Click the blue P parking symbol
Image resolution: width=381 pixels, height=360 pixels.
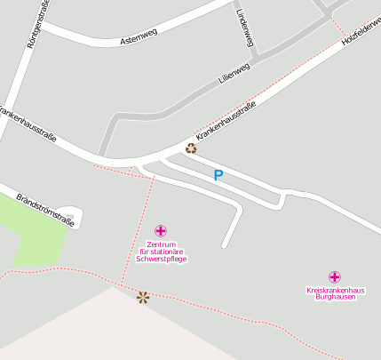coord(218,176)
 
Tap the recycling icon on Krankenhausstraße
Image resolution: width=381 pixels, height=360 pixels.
coord(191,148)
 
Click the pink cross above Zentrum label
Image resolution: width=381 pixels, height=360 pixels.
coord(160,231)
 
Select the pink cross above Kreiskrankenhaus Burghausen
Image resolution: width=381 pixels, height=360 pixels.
coord(335,277)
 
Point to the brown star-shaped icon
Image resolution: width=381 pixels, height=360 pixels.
coord(143,297)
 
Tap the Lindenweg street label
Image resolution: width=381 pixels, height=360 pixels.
coord(246,27)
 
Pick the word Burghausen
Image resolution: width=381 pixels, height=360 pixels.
coord(335,297)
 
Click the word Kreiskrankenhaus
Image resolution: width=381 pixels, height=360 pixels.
coord(335,290)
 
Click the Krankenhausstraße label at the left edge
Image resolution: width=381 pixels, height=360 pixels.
coord(27,125)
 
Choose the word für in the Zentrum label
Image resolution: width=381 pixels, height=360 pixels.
coord(143,252)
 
